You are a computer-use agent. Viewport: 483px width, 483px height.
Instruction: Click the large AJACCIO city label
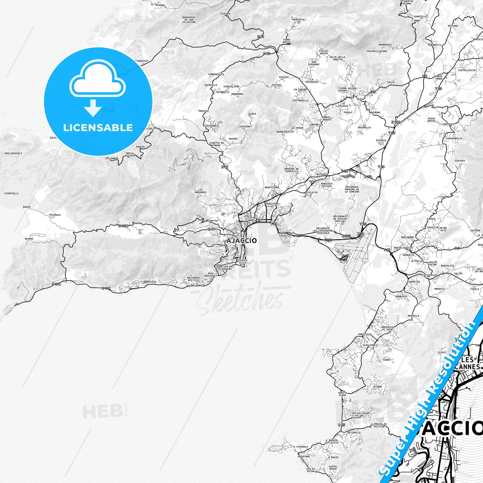coord(241,241)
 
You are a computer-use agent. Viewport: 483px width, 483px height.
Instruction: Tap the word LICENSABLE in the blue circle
coord(98,128)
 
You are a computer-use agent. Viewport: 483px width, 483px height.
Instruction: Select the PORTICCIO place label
coord(365,334)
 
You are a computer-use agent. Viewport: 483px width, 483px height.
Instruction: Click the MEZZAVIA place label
coord(322,174)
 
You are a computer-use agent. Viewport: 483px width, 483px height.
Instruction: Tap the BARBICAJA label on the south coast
coord(150,282)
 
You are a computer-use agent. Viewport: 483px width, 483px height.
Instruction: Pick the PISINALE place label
coord(55,215)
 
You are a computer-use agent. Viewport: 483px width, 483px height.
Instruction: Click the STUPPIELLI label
coord(11,194)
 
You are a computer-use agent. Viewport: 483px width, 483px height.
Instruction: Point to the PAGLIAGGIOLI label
coord(13,153)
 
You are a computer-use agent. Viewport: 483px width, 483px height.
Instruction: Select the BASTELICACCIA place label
coord(403,248)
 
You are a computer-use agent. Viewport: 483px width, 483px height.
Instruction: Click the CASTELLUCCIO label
coord(467,70)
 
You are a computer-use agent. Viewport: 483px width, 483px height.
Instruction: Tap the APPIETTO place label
coord(298,20)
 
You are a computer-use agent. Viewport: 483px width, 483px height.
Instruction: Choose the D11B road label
coord(123,226)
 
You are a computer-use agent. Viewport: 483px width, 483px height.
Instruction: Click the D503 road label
coord(346,236)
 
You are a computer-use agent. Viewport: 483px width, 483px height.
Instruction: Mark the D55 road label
coord(341,425)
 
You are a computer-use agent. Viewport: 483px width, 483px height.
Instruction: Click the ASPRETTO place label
coord(285,236)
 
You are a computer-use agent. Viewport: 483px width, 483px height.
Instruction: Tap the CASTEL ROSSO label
coord(333,468)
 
